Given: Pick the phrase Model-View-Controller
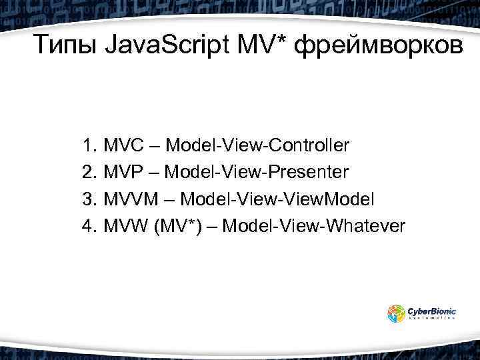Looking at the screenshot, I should pyautogui.click(x=257, y=145).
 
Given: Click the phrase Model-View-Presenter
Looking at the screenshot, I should pyautogui.click(x=257, y=172).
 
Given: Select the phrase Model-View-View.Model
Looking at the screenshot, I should pyautogui.click(x=278, y=199).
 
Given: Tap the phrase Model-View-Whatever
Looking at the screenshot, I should pyautogui.click(x=313, y=227).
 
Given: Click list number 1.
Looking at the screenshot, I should pyautogui.click(x=88, y=145).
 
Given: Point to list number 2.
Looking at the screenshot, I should pyautogui.click(x=88, y=172).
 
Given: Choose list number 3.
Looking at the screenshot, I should pyautogui.click(x=88, y=199).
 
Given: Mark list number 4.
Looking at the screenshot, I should pyautogui.click(x=88, y=227).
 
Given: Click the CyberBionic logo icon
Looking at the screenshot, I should pyautogui.click(x=397, y=313).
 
